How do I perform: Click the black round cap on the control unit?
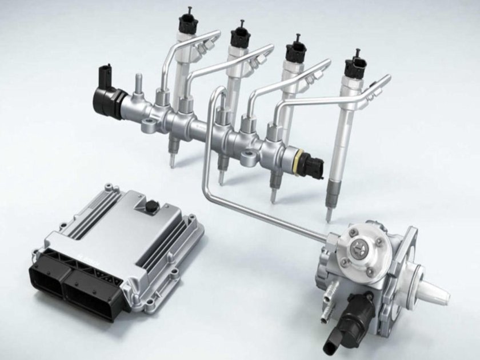(x=151, y=206)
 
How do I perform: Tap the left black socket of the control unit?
(x=47, y=280)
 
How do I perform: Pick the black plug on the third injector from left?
(x=296, y=48)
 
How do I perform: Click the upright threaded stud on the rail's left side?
(x=138, y=83)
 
